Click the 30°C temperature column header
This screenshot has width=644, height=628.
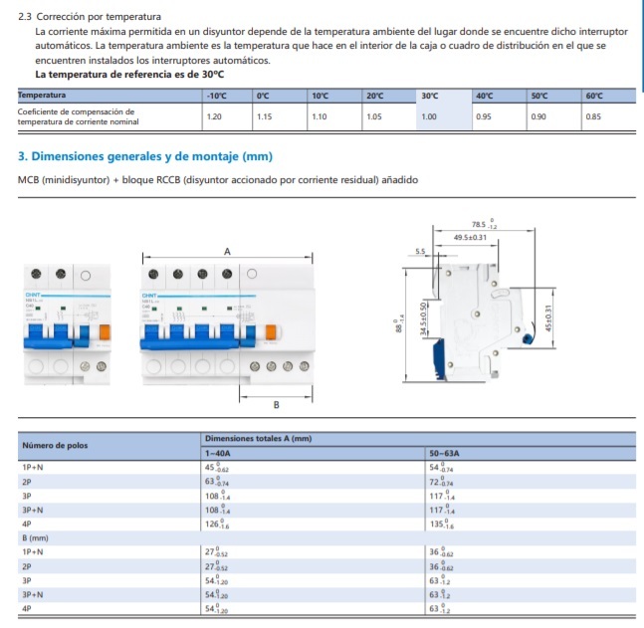[x=430, y=96]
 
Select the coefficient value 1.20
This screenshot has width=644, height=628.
[x=213, y=116]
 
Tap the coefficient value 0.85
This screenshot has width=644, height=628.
[x=593, y=116]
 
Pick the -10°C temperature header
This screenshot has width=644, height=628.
[x=215, y=96]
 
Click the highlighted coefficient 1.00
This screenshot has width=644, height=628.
[x=430, y=116]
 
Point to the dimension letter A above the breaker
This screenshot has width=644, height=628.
[x=227, y=251]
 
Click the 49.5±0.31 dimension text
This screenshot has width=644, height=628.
[x=471, y=238]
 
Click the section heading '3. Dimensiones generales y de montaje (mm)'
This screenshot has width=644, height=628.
[x=145, y=157]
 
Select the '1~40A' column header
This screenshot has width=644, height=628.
[x=218, y=453]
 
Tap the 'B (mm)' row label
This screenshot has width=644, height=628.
[x=37, y=538]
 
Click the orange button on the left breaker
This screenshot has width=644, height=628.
[x=102, y=331]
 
